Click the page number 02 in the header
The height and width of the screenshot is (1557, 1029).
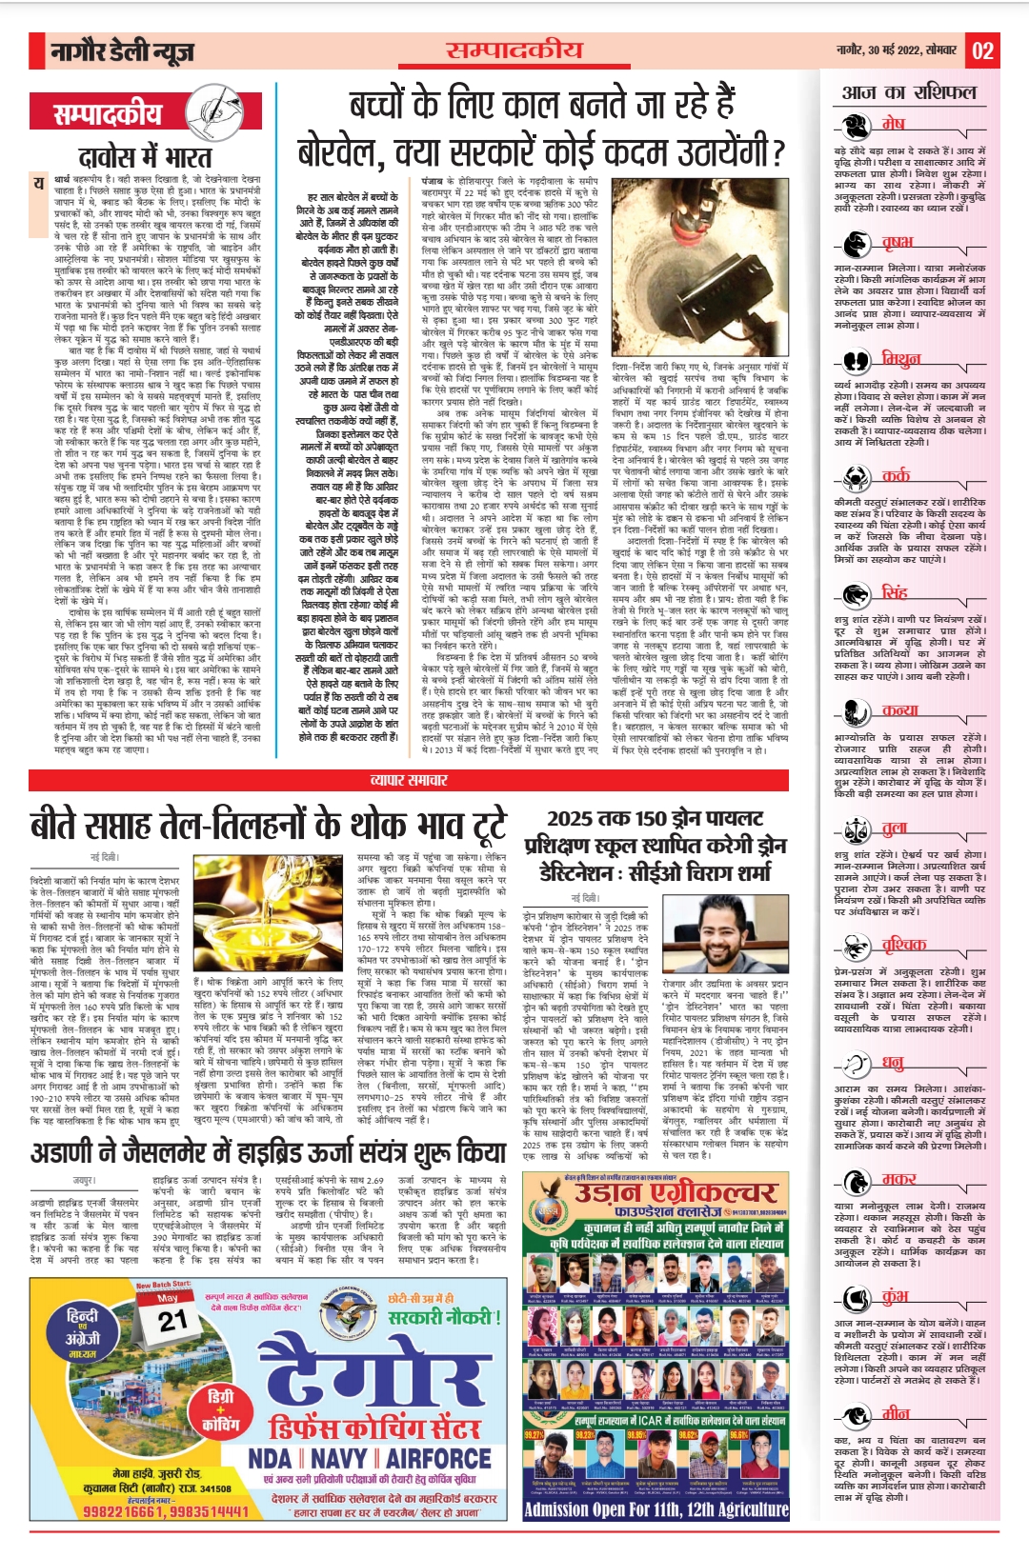click(x=982, y=50)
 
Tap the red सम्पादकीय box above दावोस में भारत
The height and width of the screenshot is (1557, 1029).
click(x=108, y=115)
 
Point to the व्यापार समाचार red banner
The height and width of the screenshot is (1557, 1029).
click(x=409, y=780)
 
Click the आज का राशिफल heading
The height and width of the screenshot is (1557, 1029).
click(x=908, y=92)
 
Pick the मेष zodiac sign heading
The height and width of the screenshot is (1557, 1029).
click(x=893, y=124)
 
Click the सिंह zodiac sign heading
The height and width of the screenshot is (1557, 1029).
click(x=894, y=592)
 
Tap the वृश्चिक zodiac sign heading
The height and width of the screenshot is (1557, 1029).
click(x=902, y=945)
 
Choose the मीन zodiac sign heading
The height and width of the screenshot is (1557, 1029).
click(x=895, y=1413)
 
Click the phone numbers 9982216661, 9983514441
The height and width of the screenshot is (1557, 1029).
click(x=166, y=1511)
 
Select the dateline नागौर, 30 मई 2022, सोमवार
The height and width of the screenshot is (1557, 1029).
click(x=896, y=50)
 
